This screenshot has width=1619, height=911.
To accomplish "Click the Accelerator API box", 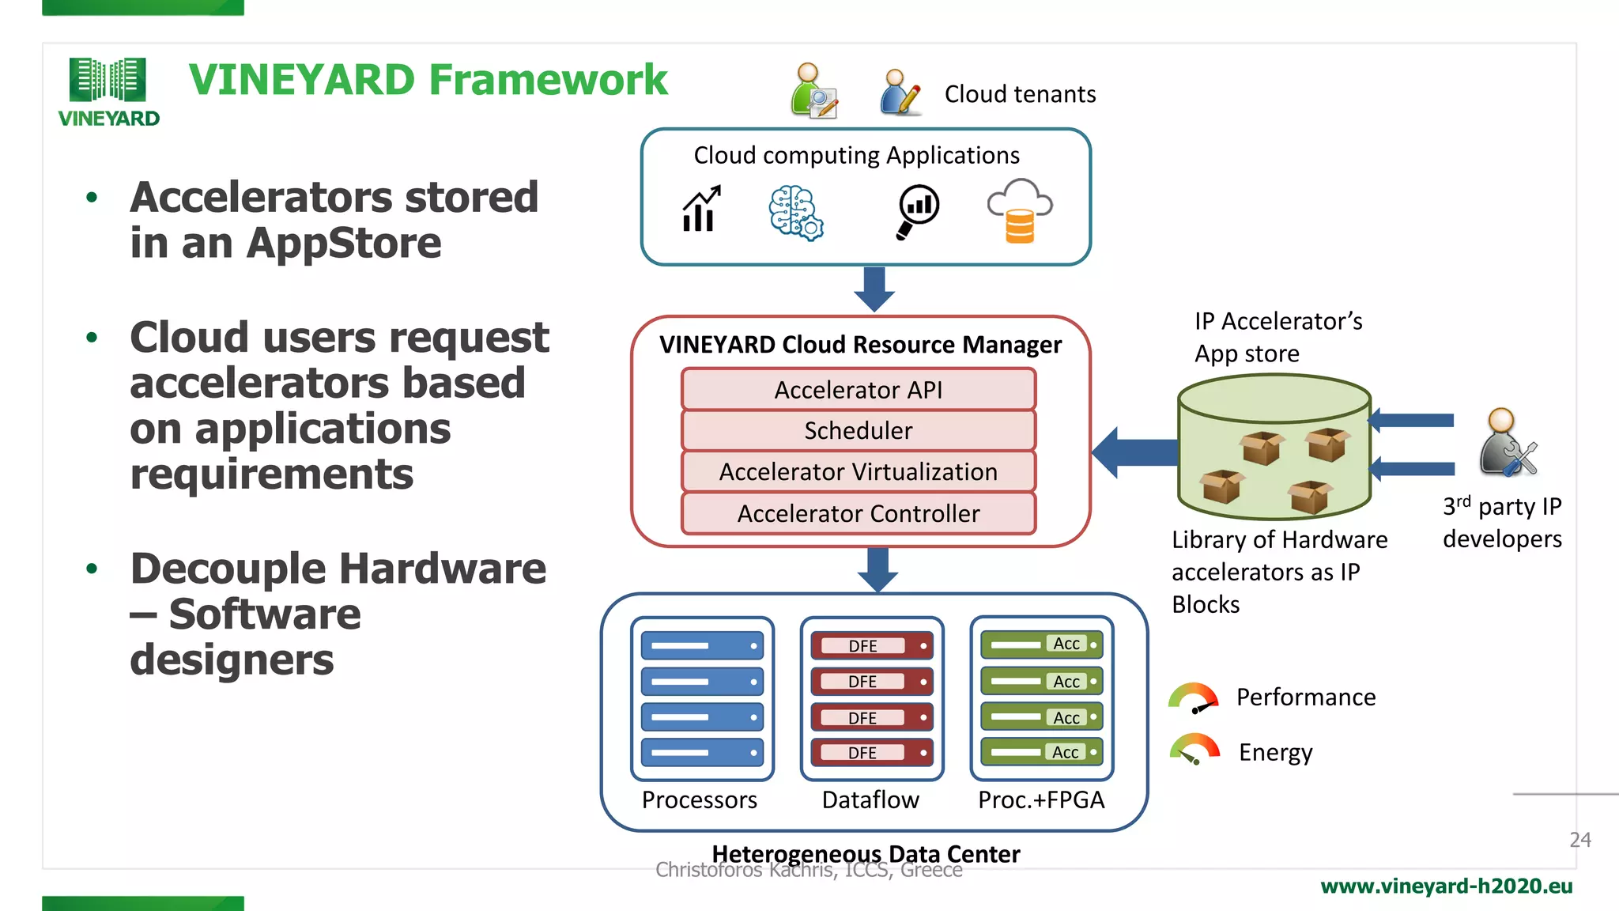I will (859, 390).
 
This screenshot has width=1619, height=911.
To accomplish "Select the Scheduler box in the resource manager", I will (859, 431).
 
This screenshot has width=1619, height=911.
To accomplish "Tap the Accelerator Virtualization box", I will (859, 472).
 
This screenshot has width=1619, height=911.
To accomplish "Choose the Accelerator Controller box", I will (859, 514).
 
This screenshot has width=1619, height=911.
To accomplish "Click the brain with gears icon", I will (796, 213).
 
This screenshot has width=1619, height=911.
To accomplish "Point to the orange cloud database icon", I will (1020, 211).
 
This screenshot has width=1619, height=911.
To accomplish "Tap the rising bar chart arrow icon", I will (701, 210).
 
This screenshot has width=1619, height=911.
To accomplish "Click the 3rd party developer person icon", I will (1507, 444).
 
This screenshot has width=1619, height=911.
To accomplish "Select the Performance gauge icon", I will (1194, 698).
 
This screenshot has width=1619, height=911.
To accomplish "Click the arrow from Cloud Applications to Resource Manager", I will (874, 289).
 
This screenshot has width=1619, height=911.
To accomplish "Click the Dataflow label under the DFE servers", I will (870, 800).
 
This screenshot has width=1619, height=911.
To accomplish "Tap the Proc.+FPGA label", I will (1041, 800).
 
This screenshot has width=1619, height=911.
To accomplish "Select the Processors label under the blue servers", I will (700, 800).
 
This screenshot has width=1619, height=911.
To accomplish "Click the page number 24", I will (1579, 840).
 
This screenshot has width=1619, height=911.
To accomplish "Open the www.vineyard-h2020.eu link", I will (1446, 886).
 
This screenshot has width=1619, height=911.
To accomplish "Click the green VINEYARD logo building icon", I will (108, 80).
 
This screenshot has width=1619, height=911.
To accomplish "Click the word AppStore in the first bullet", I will (344, 244).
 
